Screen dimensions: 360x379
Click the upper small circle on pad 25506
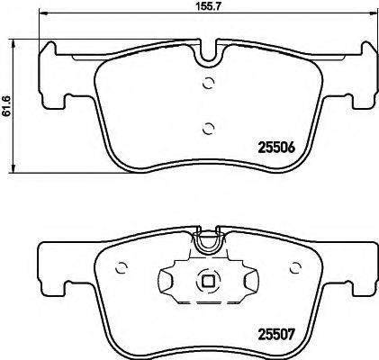click(209, 85)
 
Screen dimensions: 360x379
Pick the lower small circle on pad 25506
click(209, 127)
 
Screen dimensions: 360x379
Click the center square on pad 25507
click(209, 279)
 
